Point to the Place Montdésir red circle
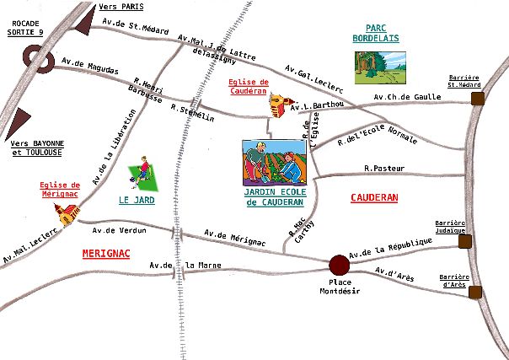(339, 265)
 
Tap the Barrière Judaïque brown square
(464, 242)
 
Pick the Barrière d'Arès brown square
(475, 293)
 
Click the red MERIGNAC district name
(106, 253)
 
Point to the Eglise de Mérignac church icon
(65, 217)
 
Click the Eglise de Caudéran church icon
(277, 105)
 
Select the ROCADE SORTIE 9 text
(23, 29)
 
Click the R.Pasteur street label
(384, 168)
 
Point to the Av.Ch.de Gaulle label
(413, 97)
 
